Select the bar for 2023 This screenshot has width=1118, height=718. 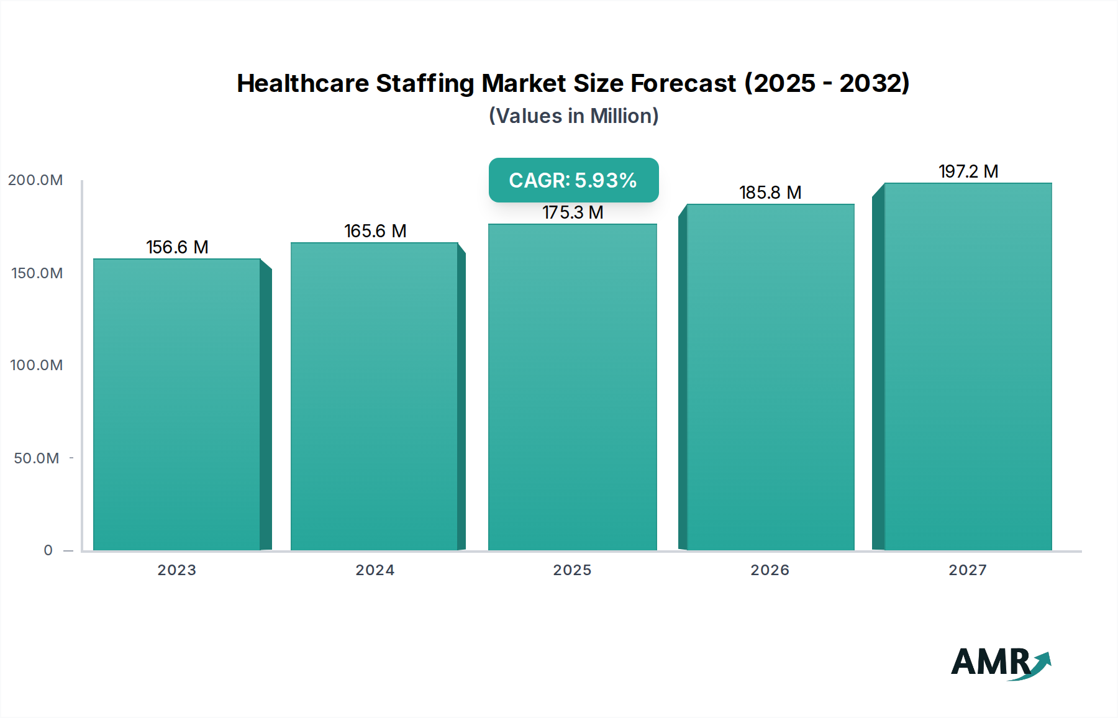(177, 404)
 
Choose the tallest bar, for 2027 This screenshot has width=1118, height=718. (968, 366)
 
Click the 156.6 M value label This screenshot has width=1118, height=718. (177, 247)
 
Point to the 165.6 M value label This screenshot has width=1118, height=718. (375, 231)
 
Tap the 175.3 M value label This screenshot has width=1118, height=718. (573, 212)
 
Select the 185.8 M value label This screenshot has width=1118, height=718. (770, 193)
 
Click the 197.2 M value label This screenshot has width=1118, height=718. (968, 171)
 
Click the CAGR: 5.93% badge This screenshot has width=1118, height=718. (573, 180)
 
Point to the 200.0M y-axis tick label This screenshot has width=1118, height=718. (35, 180)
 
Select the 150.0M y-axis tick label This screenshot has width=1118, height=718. (37, 273)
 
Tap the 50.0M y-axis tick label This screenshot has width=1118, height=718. (37, 458)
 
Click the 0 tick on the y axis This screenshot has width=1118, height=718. (48, 550)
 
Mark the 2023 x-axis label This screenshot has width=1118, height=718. (176, 570)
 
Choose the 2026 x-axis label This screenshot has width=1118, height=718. (770, 570)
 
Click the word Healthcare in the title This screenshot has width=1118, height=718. (302, 83)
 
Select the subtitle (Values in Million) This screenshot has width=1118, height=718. (573, 116)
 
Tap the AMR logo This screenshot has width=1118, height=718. (999, 662)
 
